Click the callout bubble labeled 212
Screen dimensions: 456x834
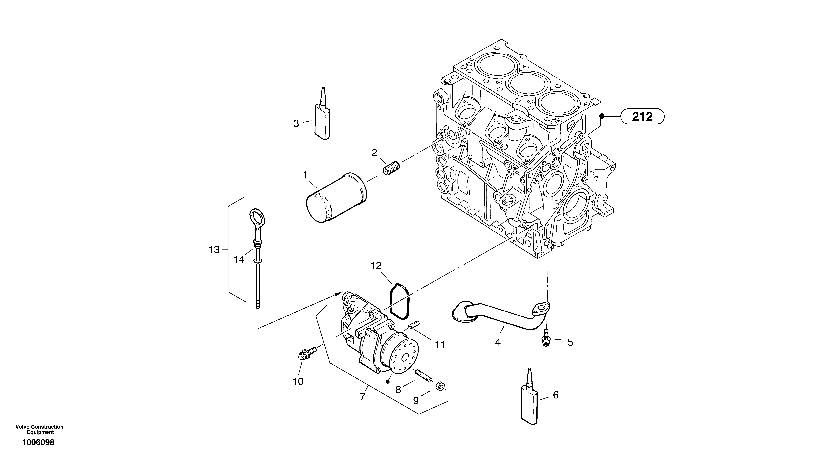click(642, 116)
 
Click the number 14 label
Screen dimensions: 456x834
click(239, 260)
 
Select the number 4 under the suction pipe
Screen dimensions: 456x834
click(498, 342)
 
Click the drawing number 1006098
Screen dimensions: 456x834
click(38, 442)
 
